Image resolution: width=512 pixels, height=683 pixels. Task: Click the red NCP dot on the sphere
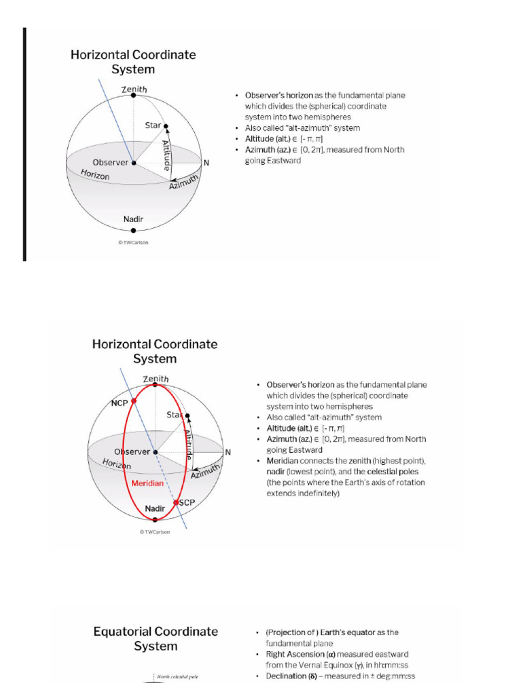click(x=134, y=401)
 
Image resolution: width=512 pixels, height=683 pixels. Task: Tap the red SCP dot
click(x=176, y=503)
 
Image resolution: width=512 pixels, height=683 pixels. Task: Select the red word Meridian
click(x=147, y=483)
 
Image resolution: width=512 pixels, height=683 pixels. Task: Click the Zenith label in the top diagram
click(x=134, y=89)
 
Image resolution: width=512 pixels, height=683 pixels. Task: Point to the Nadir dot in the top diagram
click(x=133, y=230)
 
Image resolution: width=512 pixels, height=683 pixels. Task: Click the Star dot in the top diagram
click(x=166, y=126)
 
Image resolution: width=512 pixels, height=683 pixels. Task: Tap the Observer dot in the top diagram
click(x=133, y=163)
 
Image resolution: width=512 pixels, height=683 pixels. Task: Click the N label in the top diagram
click(x=206, y=163)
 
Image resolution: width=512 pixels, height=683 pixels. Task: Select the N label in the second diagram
click(x=228, y=452)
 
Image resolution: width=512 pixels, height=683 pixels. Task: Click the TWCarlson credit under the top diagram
click(x=133, y=242)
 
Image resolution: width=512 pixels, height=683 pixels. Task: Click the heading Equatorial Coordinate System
click(x=155, y=638)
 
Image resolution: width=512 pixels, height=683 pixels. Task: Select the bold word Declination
click(x=285, y=676)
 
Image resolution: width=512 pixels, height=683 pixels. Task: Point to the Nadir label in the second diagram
click(x=155, y=509)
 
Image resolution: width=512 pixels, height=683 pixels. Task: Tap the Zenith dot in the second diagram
click(x=155, y=384)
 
